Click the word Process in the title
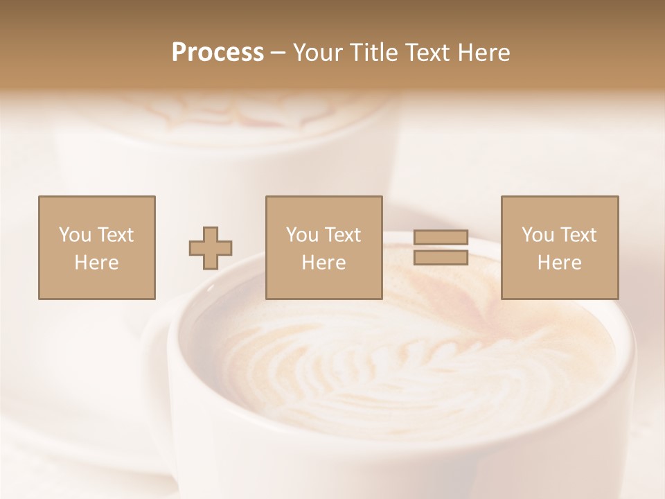point(218,53)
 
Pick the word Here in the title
point(485,53)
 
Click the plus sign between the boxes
point(211,248)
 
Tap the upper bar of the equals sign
point(441,238)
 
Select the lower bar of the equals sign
point(441,258)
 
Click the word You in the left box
point(75,235)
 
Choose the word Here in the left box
point(96,263)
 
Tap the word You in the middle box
point(302,235)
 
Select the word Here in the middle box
point(323,263)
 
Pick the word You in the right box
point(538,235)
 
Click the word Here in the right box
point(559,263)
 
